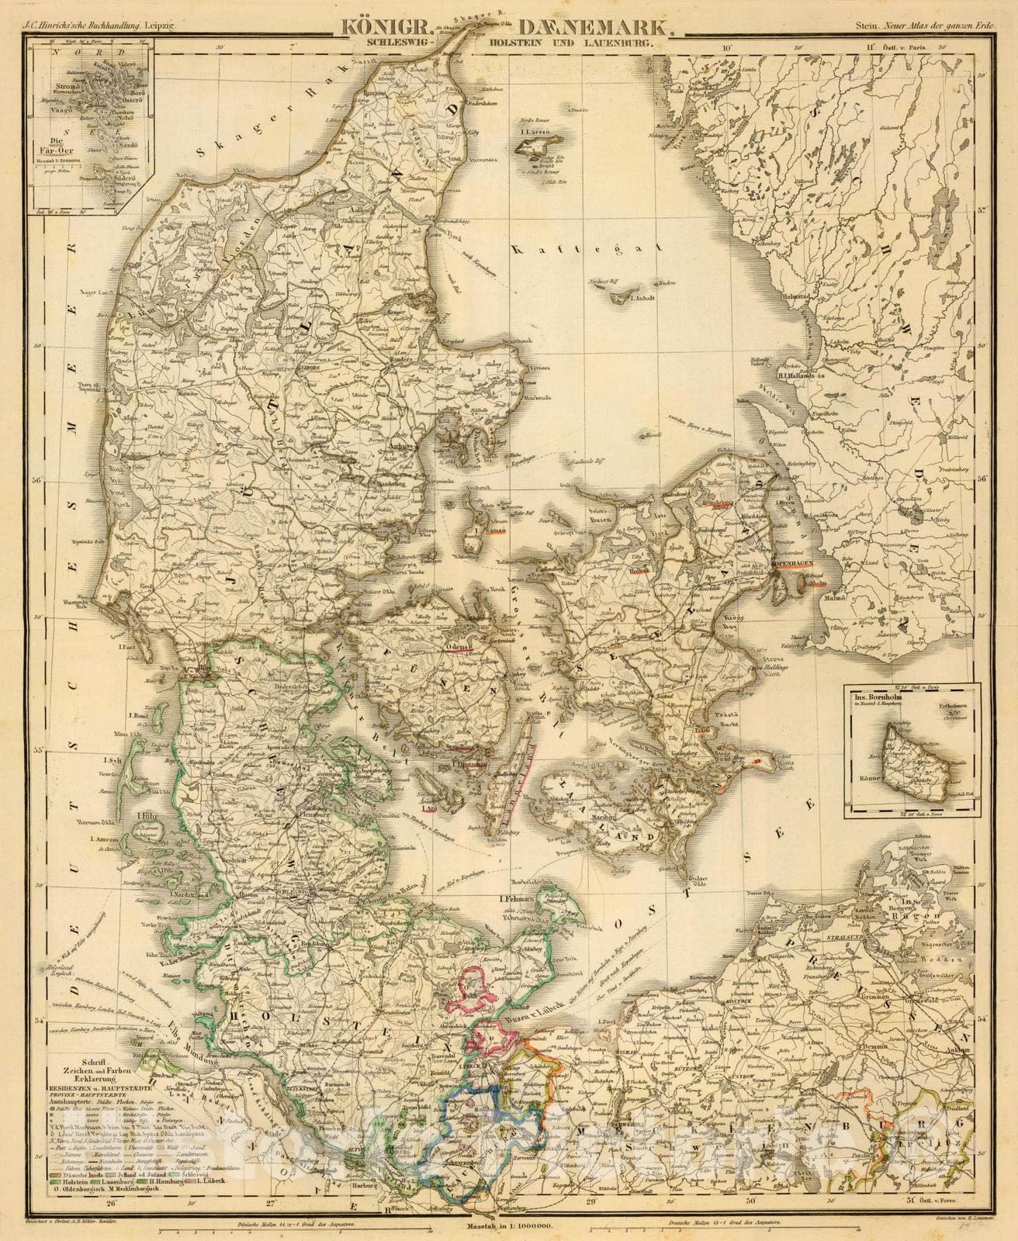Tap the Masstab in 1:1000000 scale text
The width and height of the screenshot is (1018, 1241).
[510, 1226]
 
